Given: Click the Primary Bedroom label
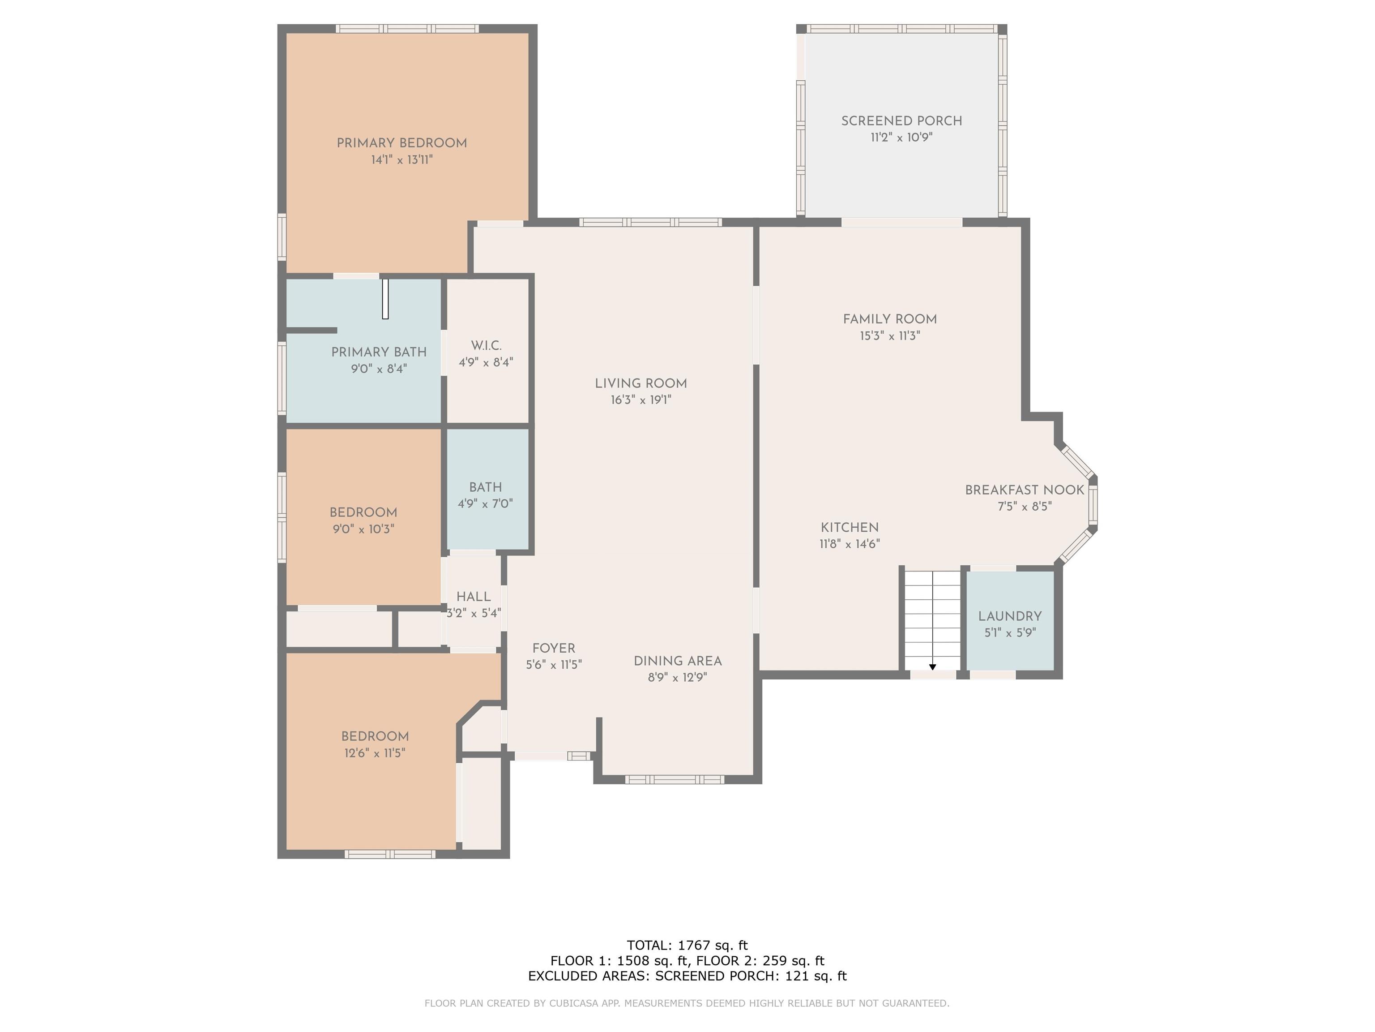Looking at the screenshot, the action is click(401, 143).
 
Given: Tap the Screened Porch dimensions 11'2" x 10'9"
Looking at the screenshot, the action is click(901, 138).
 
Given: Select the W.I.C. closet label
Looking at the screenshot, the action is click(486, 345).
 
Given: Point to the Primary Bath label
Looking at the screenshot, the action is click(379, 352).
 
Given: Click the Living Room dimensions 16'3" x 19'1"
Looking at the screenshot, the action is click(641, 400).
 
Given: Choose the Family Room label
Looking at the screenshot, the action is click(889, 319).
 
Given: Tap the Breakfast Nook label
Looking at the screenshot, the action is click(1025, 490).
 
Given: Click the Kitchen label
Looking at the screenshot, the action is click(850, 528).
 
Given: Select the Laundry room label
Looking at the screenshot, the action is click(1009, 616).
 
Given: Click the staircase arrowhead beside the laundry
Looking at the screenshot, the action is click(932, 667).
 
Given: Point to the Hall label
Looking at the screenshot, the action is click(474, 597).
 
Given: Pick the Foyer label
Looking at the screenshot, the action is click(554, 648).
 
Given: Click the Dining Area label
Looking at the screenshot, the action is click(678, 661).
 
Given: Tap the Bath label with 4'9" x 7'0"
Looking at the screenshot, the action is click(486, 487).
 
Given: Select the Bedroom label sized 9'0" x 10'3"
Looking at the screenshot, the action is click(363, 512).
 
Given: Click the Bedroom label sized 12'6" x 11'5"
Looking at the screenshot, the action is click(375, 736).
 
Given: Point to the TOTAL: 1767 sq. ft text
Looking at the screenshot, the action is click(687, 946).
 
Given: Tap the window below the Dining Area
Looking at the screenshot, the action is click(675, 779).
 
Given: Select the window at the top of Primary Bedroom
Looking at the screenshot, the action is click(408, 29).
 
